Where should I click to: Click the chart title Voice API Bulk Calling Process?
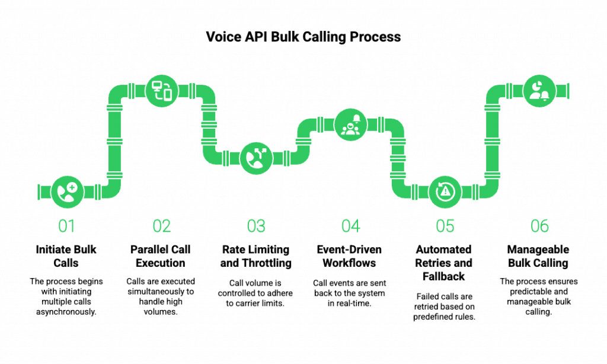pyautogui.click(x=303, y=37)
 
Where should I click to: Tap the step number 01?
pyautogui.click(x=66, y=226)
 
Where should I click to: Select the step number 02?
pyautogui.click(x=161, y=226)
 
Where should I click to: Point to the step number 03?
pyautogui.click(x=256, y=226)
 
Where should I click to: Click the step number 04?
pyautogui.click(x=351, y=226)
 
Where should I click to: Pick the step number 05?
pyautogui.click(x=445, y=226)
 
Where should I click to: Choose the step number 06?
pyautogui.click(x=539, y=226)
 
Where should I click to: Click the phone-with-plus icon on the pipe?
pyautogui.click(x=68, y=192)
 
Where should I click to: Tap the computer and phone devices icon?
pyautogui.click(x=162, y=91)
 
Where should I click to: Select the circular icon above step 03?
pyautogui.click(x=256, y=158)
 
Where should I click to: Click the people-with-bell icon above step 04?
pyautogui.click(x=351, y=124)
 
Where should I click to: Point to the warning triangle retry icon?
pyautogui.click(x=445, y=192)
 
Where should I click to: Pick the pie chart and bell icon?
pyautogui.click(x=539, y=91)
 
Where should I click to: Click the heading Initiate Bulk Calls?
pyautogui.click(x=66, y=256)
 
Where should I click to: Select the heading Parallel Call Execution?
pyautogui.click(x=161, y=256)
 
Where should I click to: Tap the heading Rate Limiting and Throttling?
pyautogui.click(x=256, y=256)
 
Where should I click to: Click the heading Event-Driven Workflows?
pyautogui.click(x=350, y=256)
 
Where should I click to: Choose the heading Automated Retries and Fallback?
pyautogui.click(x=443, y=263)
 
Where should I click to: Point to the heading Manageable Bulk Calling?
pyautogui.click(x=538, y=256)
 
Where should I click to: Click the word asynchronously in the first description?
pyautogui.click(x=66, y=312)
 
